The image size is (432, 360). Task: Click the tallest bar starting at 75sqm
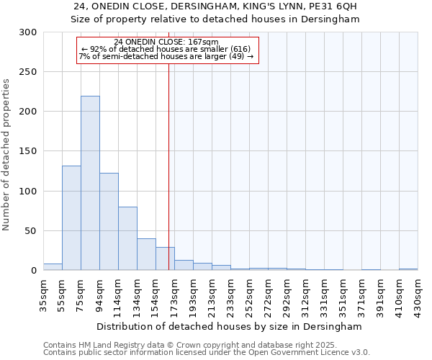click(x=90, y=184)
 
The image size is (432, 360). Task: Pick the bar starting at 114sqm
click(x=127, y=238)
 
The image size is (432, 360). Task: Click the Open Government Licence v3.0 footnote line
click(x=206, y=352)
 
